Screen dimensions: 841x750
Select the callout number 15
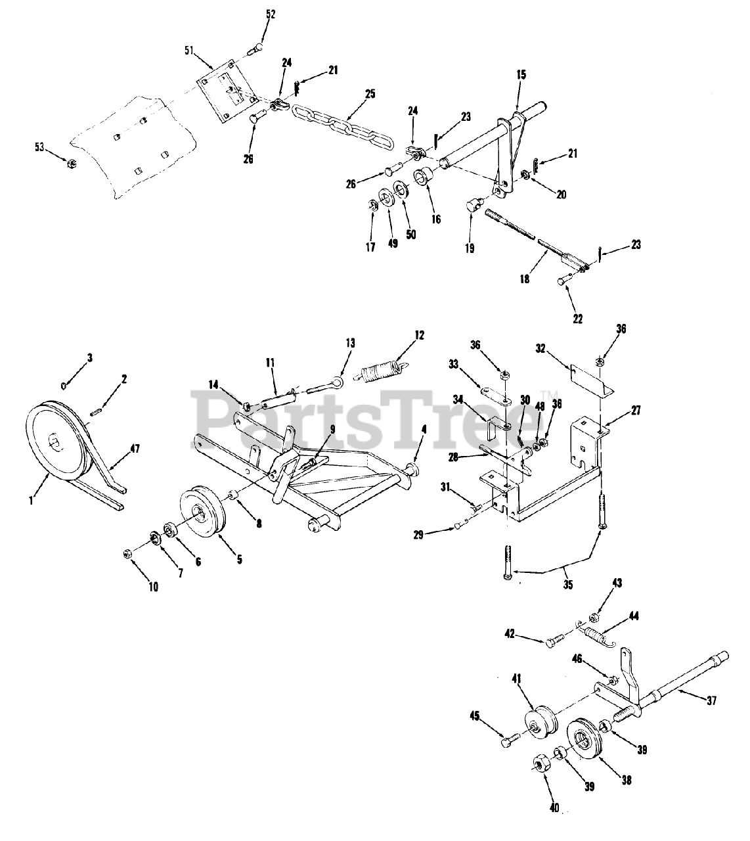point(521,75)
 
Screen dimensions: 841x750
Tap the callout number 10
point(152,587)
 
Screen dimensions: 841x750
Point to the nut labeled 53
point(72,162)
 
